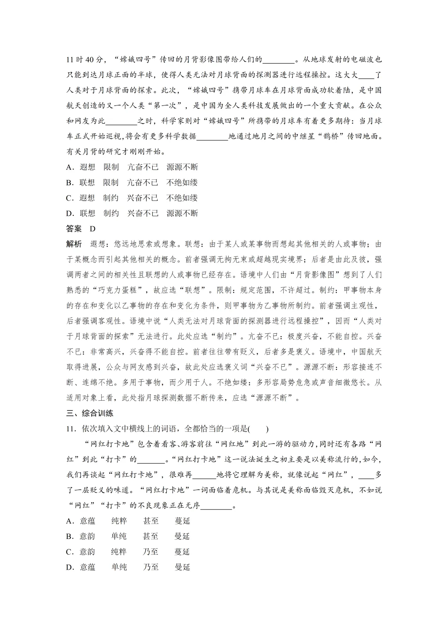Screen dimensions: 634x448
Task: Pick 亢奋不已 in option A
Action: (x=143, y=167)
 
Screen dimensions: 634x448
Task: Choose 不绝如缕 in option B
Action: (x=182, y=183)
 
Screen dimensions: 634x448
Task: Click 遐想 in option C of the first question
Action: (x=87, y=198)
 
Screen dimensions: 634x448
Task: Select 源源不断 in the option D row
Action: (x=182, y=213)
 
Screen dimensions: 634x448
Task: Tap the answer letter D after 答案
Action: (x=93, y=229)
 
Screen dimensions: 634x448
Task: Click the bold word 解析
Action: (x=74, y=244)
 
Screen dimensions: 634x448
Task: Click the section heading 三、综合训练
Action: (x=90, y=413)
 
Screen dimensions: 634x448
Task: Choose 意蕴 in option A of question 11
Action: (x=88, y=521)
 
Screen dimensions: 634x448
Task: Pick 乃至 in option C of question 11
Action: (x=151, y=552)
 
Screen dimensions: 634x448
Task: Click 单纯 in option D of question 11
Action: (x=119, y=567)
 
